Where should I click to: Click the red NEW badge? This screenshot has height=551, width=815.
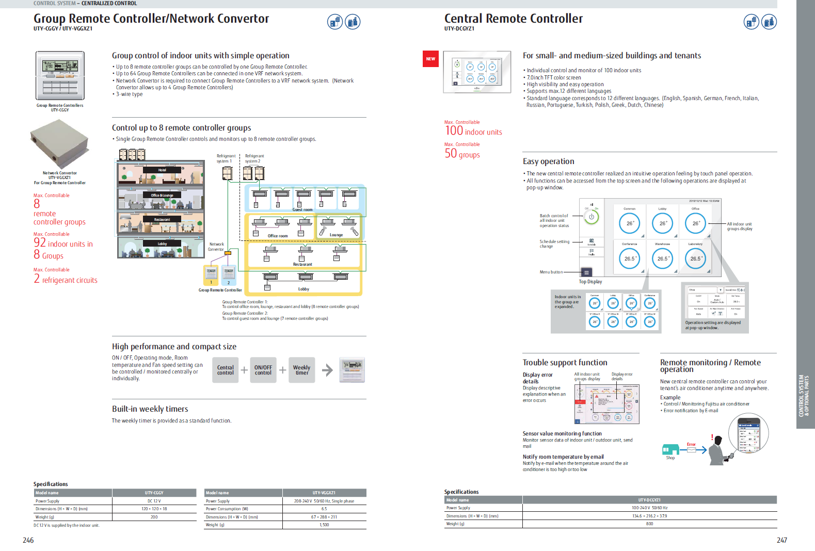(430, 59)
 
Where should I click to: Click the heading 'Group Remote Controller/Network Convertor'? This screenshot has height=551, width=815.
(151, 19)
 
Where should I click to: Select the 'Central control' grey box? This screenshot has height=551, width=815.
(225, 370)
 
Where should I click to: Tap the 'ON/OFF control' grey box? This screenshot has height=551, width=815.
(263, 370)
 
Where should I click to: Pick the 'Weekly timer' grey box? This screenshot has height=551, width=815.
(301, 370)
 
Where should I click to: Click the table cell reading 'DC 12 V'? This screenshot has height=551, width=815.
(154, 501)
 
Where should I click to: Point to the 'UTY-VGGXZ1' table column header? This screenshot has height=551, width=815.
(324, 493)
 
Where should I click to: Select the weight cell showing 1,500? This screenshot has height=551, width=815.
(324, 525)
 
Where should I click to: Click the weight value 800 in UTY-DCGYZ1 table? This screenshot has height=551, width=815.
(649, 524)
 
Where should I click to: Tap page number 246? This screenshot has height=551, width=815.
(28, 540)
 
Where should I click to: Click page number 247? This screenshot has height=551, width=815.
(781, 540)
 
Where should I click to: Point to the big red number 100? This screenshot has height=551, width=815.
(454, 131)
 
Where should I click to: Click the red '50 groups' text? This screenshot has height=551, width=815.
(462, 154)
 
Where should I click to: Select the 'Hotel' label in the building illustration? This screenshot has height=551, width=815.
(162, 170)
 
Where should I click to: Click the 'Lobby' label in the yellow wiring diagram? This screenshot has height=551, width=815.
(303, 289)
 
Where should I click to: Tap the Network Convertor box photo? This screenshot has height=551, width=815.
(59, 143)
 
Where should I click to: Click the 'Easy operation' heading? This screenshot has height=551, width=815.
(548, 161)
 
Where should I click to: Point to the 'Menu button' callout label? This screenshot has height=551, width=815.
(551, 272)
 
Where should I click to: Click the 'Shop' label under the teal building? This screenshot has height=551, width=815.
(670, 458)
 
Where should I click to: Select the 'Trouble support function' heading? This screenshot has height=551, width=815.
(565, 363)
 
